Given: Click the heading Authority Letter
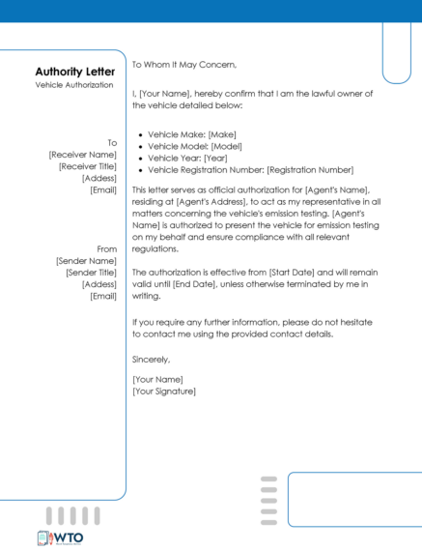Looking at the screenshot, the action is tap(75, 72).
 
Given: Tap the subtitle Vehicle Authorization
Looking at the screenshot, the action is tap(75, 85).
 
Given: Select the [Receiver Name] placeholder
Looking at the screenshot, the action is tap(83, 155).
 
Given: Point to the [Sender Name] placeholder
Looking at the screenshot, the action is tap(86, 261).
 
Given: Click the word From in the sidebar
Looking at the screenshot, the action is tap(107, 249).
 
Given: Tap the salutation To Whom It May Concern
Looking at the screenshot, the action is tap(183, 64).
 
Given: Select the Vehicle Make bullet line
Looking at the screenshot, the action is tap(192, 133).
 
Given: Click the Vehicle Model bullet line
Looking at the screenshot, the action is tap(195, 145).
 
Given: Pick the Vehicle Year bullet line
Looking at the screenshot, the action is tap(187, 157).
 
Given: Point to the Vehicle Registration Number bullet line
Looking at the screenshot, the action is tap(250, 168).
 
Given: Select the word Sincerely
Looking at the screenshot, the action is tap(151, 360).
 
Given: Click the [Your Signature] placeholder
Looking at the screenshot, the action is tap(164, 391).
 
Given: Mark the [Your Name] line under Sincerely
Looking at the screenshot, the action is tap(157, 379).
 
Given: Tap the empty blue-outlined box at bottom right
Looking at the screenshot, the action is tap(353, 499).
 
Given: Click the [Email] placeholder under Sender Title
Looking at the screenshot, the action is tap(103, 296).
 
